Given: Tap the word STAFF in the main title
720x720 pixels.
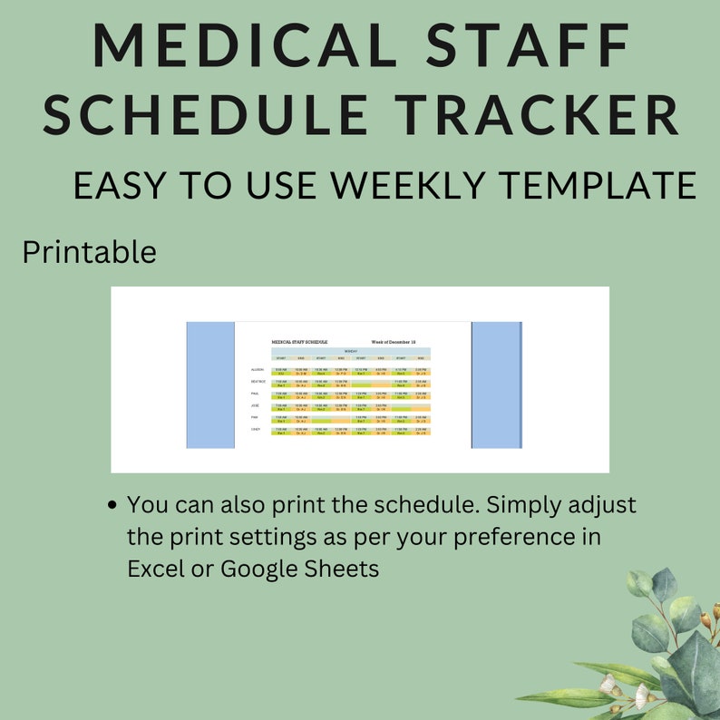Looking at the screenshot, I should click(x=528, y=44).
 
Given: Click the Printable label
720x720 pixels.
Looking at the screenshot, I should click(x=89, y=252).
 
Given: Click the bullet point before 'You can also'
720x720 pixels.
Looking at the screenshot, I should click(x=112, y=506).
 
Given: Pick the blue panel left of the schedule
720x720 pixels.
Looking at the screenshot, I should click(x=210, y=384).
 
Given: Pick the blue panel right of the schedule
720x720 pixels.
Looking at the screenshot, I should click(x=497, y=384).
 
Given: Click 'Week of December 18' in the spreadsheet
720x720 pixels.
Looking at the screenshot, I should click(x=394, y=342).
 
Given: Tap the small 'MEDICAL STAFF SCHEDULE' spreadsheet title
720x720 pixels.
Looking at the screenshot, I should click(x=299, y=342).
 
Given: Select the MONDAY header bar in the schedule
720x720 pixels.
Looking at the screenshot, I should click(x=350, y=351).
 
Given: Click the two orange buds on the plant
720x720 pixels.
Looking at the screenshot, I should click(x=709, y=618).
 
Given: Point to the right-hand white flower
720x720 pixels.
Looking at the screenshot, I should click(x=642, y=696).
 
